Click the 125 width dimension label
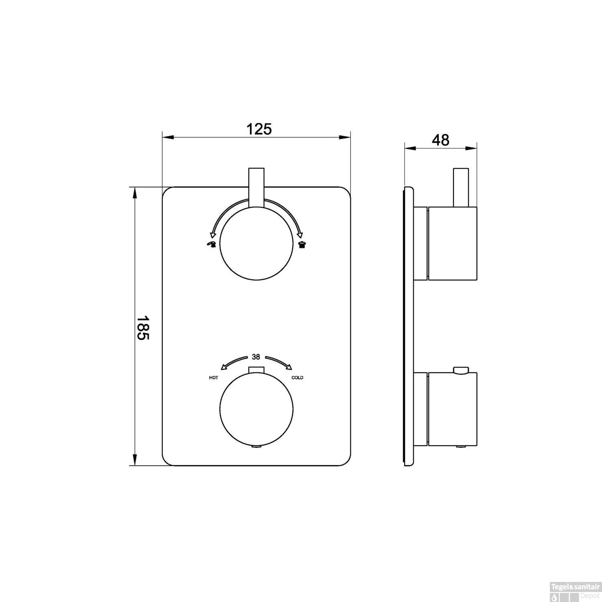click(x=259, y=129)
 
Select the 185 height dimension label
click(x=143, y=327)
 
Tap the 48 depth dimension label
click(x=440, y=140)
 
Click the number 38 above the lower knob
click(x=256, y=356)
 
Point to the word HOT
click(x=214, y=378)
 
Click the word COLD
click(x=297, y=378)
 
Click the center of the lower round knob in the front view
click(x=256, y=410)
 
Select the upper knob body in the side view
click(x=453, y=243)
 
